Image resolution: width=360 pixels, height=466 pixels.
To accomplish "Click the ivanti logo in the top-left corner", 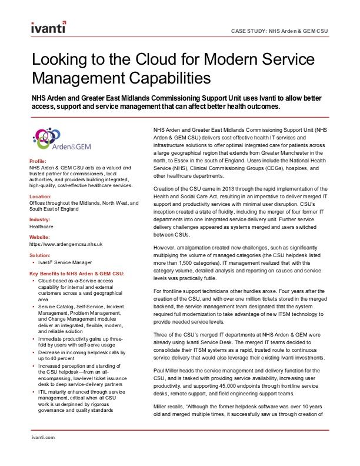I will (x=48, y=28).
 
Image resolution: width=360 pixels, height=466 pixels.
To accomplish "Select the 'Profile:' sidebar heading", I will (x=38, y=161).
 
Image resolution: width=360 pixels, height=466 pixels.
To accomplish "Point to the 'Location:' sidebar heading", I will (x=41, y=197).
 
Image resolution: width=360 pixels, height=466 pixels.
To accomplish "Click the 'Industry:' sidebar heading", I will (x=40, y=219).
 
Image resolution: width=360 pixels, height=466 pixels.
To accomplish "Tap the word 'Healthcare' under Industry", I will (x=42, y=226).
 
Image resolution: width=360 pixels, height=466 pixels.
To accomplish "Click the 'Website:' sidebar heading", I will (x=40, y=237).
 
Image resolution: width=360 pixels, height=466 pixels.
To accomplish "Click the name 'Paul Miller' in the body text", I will (x=166, y=370).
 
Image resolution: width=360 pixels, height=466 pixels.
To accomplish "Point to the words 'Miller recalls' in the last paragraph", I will (x=171, y=405).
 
